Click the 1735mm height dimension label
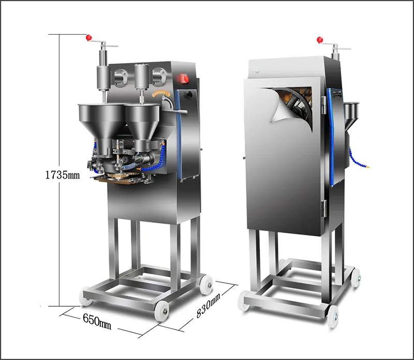tap(63, 175)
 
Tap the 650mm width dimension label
tap(97, 321)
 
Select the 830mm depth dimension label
tap(208, 306)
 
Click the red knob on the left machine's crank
tap(88, 38)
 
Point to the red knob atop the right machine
tap(320, 40)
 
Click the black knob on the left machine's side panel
tap(189, 94)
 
